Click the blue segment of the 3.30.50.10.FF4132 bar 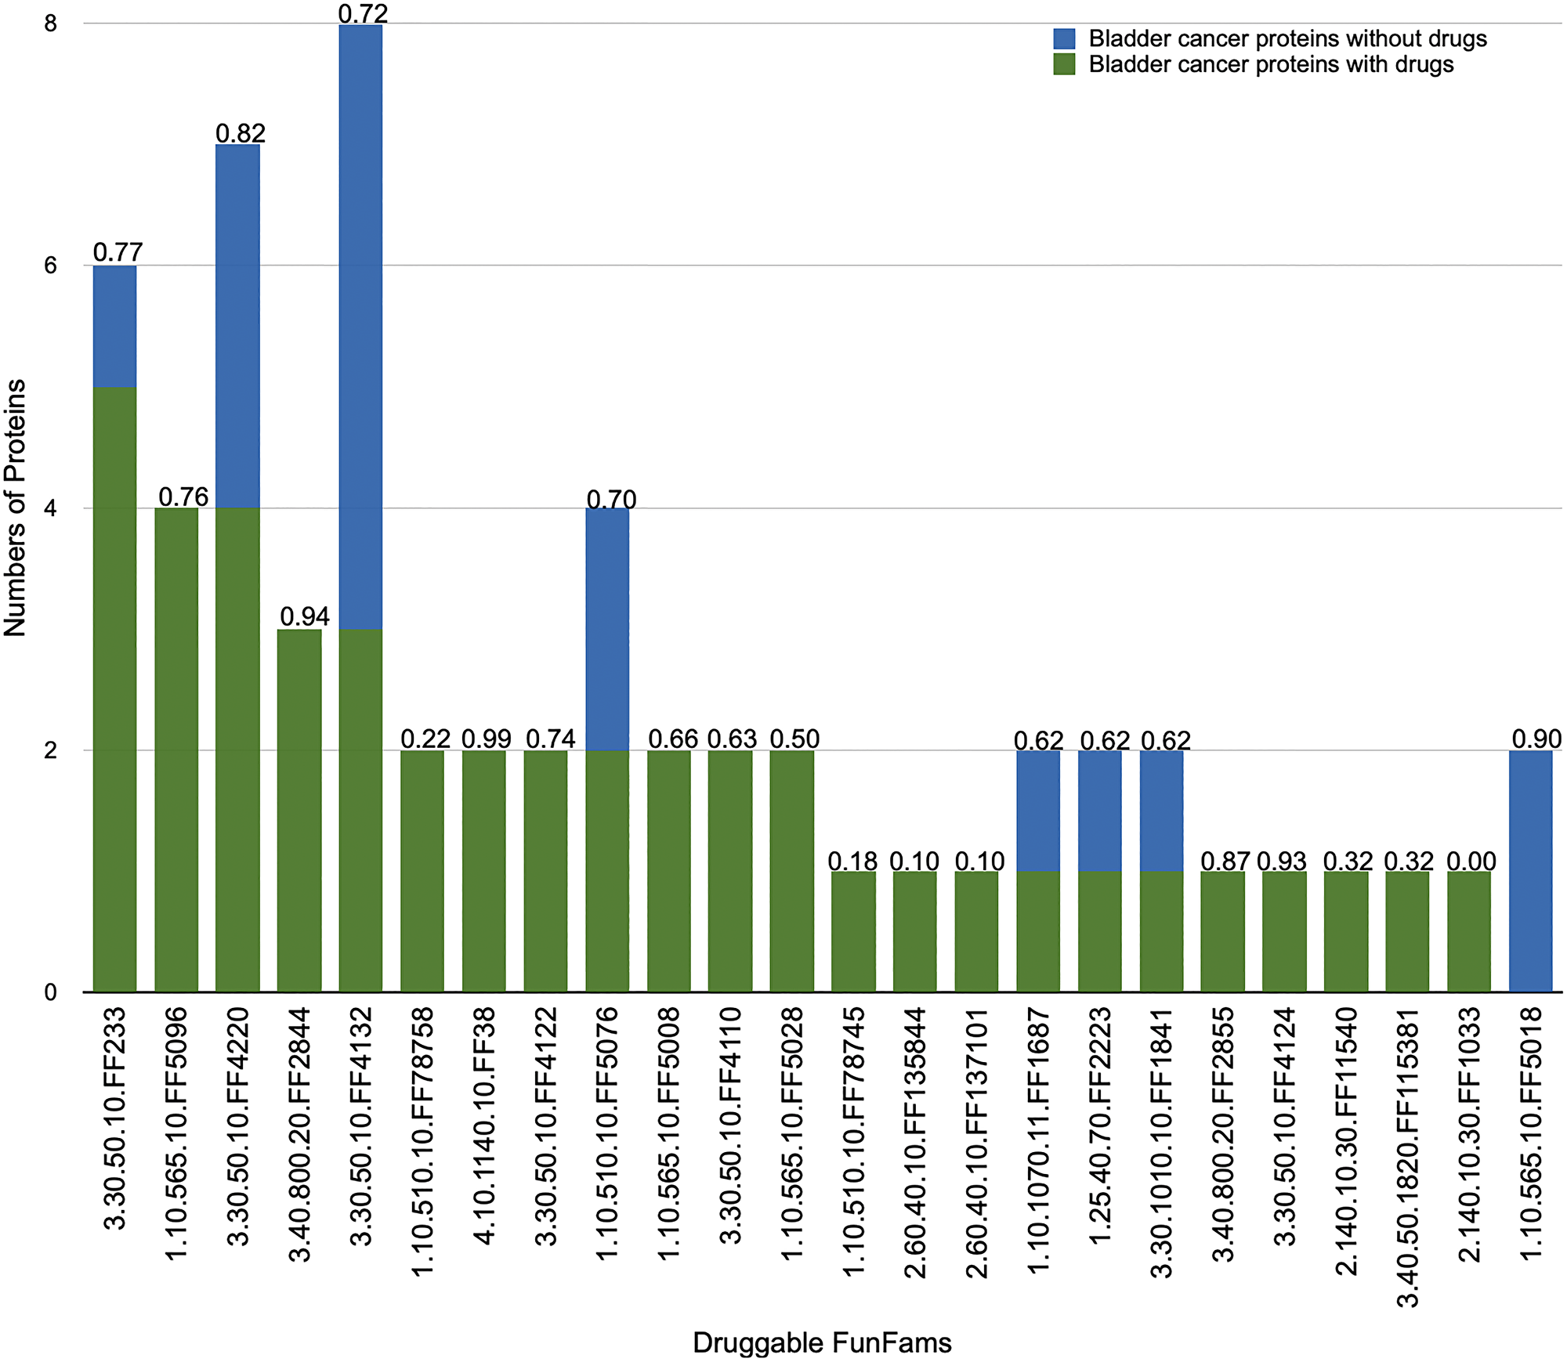[360, 327]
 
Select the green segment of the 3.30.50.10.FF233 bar [114, 689]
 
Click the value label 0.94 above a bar [305, 617]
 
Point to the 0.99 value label [486, 739]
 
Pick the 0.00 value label [1471, 861]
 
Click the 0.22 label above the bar [425, 739]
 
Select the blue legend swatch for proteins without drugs [1064, 39]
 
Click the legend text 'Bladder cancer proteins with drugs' [1271, 64]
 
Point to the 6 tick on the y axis [51, 266]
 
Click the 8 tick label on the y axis [51, 23]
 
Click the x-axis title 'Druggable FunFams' [822, 1342]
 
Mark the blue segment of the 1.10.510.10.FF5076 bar [607, 629]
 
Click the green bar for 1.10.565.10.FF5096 [176, 750]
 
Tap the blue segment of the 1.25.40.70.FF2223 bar [1099, 811]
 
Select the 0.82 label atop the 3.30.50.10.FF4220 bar [241, 133]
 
